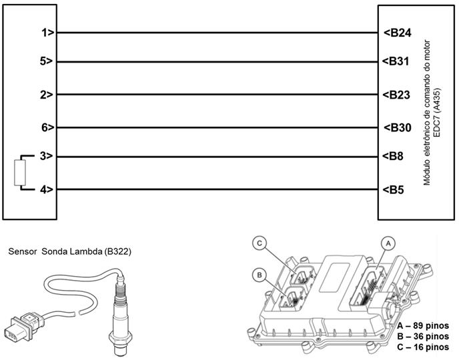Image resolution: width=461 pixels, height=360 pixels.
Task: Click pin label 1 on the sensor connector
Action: click(47, 32)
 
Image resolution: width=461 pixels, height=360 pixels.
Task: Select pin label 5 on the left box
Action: click(47, 61)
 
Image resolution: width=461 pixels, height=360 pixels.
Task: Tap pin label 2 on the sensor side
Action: click(47, 95)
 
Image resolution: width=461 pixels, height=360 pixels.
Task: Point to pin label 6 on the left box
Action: click(47, 127)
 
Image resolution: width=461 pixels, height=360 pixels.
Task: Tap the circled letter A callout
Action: click(385, 243)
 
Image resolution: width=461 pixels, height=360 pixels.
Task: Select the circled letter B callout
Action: click(259, 274)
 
